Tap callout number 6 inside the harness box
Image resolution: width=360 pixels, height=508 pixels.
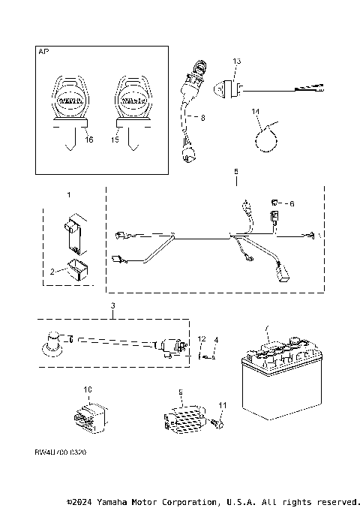[x=292, y=203]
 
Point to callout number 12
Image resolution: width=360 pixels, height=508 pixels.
[x=201, y=341]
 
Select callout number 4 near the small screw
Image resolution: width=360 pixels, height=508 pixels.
[x=215, y=341]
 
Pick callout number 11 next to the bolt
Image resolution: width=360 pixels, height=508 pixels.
[x=221, y=405]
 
